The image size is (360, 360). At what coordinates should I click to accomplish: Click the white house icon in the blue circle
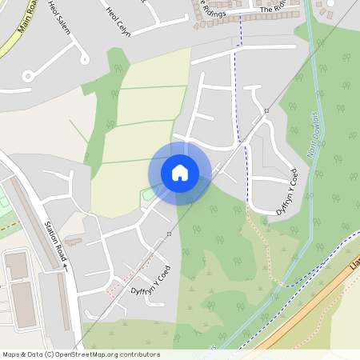pyautogui.click(x=180, y=173)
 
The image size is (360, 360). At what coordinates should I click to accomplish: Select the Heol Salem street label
pyautogui.click(x=59, y=14)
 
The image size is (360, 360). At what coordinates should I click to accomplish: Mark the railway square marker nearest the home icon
pyautogui.click(x=170, y=234)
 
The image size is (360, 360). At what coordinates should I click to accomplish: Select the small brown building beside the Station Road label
pyautogui.click(x=74, y=239)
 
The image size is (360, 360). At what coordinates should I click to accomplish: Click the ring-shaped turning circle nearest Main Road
pyautogui.click(x=28, y=76)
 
